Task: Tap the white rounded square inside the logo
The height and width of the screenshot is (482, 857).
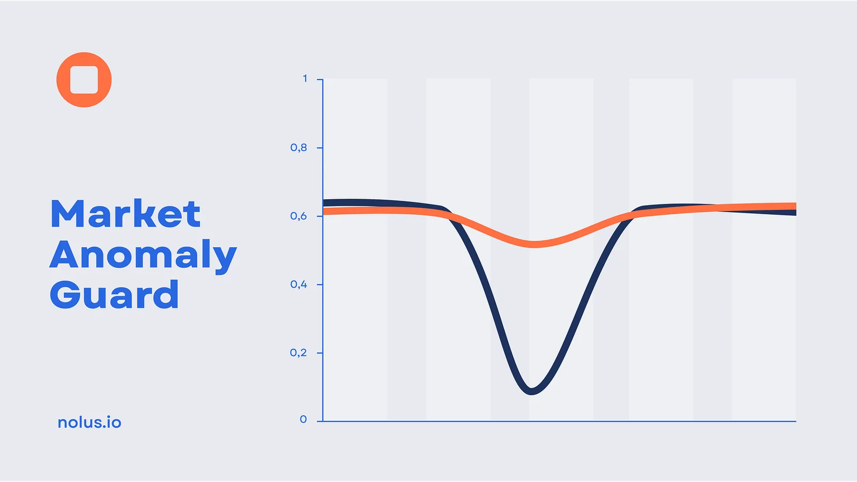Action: point(84,80)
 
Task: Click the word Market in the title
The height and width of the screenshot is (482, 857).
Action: point(125,213)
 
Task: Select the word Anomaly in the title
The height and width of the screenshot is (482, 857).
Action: point(143,255)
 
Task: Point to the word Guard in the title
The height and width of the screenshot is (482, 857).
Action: point(114,294)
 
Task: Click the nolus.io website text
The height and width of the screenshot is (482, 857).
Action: point(89,423)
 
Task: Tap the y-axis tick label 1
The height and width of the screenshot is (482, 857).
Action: point(305,78)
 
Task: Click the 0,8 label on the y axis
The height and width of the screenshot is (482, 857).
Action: point(298,148)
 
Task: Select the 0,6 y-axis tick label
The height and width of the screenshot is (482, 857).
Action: point(298,216)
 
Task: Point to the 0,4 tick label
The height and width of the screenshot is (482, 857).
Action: point(298,284)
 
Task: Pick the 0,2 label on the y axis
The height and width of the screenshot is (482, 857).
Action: point(298,353)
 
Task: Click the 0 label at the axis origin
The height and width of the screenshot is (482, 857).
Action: point(303,420)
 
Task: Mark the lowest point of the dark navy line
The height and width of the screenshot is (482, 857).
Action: point(531,391)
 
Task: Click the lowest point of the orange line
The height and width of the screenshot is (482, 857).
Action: point(534,244)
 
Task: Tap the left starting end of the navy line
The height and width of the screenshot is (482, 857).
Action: point(324,203)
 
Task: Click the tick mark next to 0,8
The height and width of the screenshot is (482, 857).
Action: point(320,148)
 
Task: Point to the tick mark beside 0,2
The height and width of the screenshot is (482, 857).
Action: point(320,353)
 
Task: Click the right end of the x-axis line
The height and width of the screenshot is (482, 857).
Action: point(796,421)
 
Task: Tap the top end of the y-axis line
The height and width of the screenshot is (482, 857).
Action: point(323,79)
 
